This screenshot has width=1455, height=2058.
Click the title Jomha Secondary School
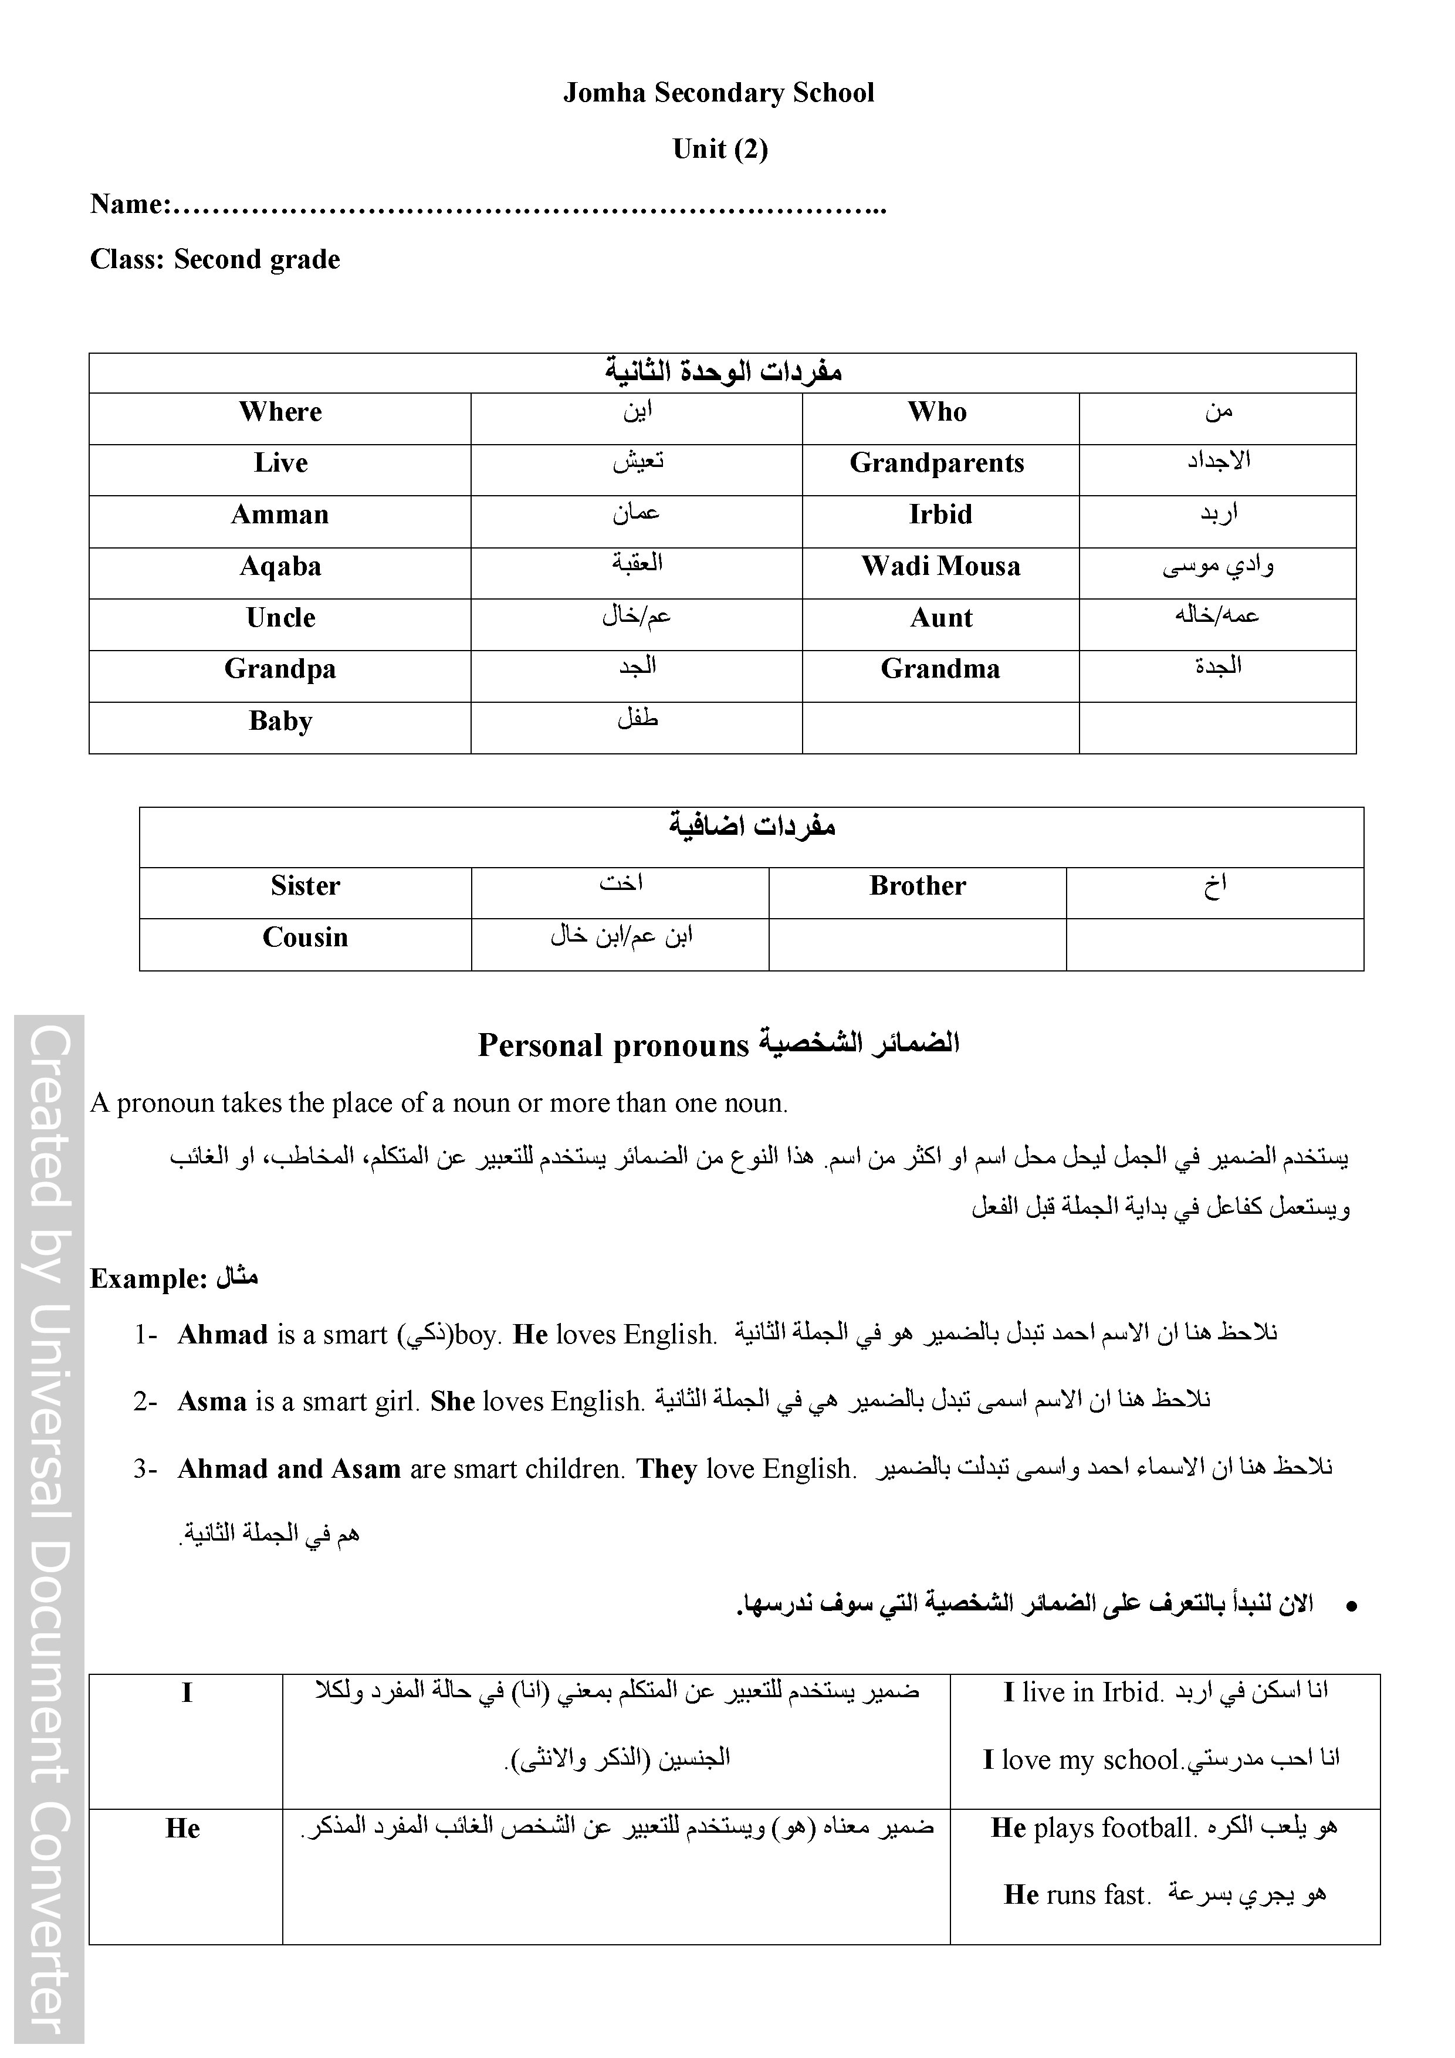(718, 93)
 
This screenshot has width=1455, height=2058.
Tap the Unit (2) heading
(720, 149)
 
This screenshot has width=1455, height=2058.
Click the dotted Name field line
(529, 208)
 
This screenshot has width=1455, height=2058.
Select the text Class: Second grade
(215, 260)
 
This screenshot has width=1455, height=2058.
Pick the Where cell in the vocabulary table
(280, 412)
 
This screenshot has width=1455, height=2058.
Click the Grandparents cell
(937, 463)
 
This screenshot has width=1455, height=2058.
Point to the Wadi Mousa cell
(940, 567)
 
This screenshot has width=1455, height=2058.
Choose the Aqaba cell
(280, 567)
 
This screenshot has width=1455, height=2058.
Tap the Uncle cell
(280, 618)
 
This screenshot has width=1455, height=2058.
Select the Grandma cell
(940, 669)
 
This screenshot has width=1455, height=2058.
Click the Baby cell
(280, 722)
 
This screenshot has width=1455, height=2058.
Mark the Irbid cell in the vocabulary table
(940, 516)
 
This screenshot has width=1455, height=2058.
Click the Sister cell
(305, 886)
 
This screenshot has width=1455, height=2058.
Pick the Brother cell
(917, 886)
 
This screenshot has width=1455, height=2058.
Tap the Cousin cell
(305, 937)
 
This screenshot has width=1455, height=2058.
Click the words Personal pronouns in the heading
(613, 1046)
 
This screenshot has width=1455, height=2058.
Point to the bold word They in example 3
(666, 1469)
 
